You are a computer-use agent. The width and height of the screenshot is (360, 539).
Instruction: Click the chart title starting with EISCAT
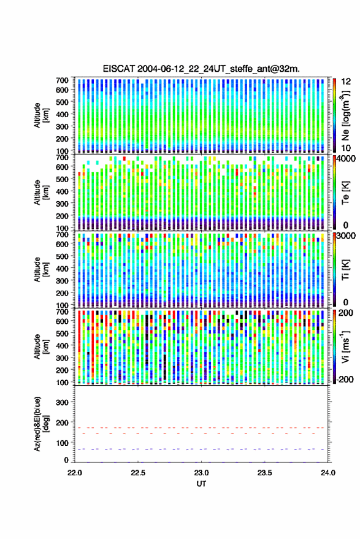201,69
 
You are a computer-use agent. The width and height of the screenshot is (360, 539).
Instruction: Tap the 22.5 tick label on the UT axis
138,473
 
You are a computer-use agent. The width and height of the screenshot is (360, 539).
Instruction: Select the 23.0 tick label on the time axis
201,473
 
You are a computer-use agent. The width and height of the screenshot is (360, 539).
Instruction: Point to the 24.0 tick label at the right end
327,473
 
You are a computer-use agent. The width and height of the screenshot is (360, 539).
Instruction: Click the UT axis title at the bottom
201,484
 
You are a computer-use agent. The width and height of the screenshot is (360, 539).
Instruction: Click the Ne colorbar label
345,115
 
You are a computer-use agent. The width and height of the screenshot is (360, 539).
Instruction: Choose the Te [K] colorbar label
345,193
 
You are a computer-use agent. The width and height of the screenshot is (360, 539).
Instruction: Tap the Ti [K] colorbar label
345,270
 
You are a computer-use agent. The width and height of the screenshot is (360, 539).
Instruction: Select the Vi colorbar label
345,346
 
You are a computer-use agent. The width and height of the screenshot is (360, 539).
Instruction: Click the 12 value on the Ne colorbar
347,82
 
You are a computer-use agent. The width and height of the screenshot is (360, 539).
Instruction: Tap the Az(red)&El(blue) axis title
41,424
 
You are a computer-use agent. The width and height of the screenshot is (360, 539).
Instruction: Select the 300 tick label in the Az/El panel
62,402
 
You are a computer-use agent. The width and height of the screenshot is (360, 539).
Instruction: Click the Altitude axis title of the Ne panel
41,115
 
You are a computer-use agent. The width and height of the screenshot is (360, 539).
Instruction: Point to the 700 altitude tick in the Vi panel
62,312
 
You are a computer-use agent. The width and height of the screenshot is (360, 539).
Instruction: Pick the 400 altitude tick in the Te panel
62,191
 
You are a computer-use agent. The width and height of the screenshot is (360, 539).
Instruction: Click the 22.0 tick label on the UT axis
75,473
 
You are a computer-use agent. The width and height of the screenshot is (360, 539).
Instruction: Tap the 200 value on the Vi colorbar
345,313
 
